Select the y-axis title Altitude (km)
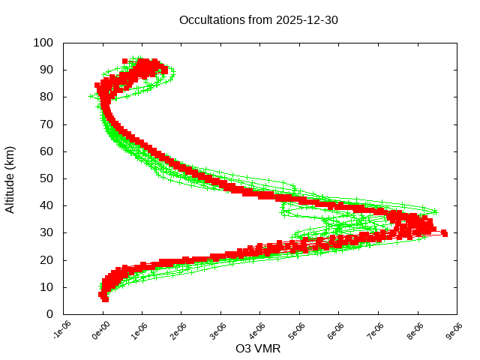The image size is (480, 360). pos(10,178)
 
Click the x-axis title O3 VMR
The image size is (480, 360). pos(259,349)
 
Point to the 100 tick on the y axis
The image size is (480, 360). pos(43,43)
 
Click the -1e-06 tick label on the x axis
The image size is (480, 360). pos(61,330)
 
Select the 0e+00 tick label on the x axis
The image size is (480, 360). pos(100,330)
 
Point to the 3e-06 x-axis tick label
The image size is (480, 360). pos(218,330)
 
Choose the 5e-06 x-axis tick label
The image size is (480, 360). pos(297,330)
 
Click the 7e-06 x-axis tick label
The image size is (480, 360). pos(376,330)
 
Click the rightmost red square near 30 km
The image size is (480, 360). pos(445,234)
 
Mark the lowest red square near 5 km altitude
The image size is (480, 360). pos(105,299)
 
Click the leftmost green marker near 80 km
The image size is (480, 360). pos(91,97)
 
